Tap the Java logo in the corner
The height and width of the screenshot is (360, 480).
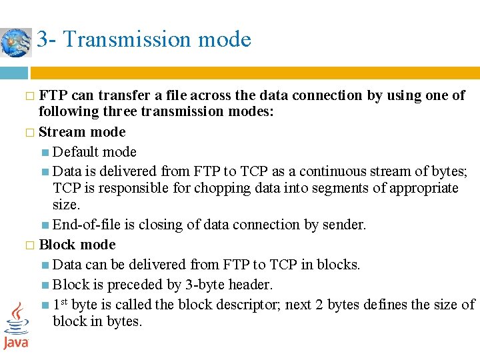click(x=15, y=326)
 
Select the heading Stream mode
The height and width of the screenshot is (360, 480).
click(x=82, y=132)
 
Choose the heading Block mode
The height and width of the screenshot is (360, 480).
click(x=77, y=245)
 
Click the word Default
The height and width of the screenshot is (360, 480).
click(x=75, y=152)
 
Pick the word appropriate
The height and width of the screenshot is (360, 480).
click(x=416, y=188)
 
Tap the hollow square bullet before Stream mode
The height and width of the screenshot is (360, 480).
click(x=29, y=133)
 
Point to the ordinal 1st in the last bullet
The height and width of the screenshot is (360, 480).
click(x=60, y=304)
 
